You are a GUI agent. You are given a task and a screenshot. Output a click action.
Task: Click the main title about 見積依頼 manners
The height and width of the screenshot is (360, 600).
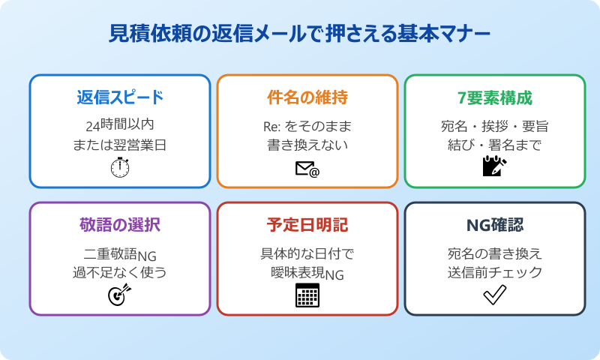(300, 34)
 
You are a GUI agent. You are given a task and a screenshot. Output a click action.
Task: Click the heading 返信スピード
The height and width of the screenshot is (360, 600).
(120, 97)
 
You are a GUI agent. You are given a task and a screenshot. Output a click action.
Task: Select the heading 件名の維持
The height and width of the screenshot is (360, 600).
(307, 97)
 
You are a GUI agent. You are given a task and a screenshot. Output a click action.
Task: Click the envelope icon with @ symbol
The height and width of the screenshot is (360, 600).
(307, 169)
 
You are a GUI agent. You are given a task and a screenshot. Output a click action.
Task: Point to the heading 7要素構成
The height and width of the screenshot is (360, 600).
(495, 97)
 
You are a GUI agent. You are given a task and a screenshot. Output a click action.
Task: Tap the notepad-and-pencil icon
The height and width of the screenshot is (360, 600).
(495, 166)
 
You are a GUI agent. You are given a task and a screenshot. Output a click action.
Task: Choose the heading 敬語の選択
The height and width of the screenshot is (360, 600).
(120, 225)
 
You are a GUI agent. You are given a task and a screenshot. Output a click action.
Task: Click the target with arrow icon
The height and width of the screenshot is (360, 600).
(120, 295)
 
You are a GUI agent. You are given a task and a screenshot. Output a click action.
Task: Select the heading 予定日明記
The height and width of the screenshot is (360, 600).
(307, 225)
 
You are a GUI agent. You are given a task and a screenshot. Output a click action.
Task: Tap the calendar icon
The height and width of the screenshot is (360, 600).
(307, 295)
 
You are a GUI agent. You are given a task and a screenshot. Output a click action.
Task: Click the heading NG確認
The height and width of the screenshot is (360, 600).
(495, 225)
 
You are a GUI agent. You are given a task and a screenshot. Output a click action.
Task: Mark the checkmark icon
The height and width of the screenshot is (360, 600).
(495, 295)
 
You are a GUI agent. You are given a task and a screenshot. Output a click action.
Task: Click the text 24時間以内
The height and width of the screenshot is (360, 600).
(120, 124)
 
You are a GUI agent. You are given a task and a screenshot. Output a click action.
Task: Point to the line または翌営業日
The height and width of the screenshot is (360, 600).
(120, 145)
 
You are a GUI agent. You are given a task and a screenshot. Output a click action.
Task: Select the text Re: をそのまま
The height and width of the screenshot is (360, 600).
(307, 124)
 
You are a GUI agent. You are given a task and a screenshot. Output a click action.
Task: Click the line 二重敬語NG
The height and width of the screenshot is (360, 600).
(120, 253)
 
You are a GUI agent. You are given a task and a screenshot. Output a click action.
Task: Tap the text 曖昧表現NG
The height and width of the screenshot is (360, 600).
(307, 273)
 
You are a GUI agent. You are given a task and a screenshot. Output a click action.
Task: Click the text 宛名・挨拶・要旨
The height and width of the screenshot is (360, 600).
(495, 124)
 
